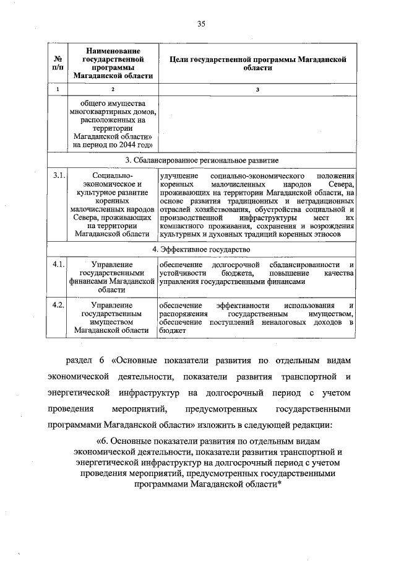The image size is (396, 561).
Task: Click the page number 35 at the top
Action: tap(200, 24)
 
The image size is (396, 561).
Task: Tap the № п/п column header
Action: tap(59, 63)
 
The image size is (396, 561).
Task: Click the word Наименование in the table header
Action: tap(113, 50)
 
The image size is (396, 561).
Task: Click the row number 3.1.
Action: tap(59, 177)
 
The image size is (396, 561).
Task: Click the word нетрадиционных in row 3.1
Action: tap(321, 201)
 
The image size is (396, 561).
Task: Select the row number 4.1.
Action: tap(59, 265)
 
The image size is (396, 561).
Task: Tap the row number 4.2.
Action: tap(59, 306)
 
